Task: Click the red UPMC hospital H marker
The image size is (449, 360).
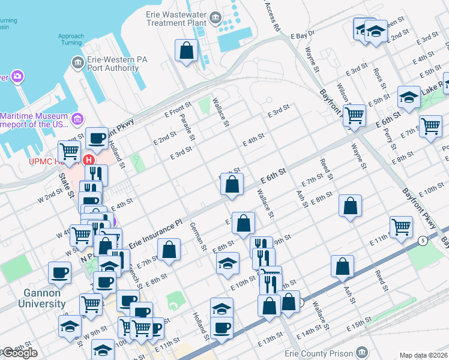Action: click(89, 160)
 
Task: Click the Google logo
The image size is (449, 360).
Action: click(19, 353)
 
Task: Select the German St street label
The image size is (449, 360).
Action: click(199, 236)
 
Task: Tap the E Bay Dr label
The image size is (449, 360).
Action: click(303, 36)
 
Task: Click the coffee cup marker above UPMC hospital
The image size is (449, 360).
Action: click(96, 138)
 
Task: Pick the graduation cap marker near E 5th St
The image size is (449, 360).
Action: click(409, 97)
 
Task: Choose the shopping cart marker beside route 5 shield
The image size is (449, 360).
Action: click(401, 226)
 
